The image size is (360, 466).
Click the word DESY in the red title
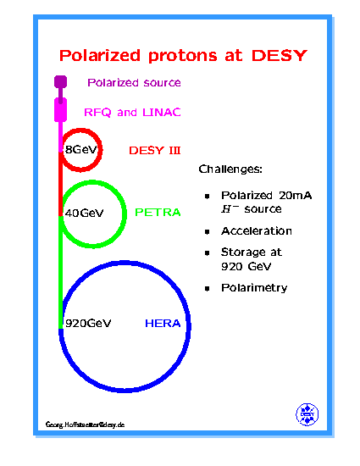280,56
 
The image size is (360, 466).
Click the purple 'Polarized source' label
134,82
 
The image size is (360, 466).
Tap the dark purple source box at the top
60,82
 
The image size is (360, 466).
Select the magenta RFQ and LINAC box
60,110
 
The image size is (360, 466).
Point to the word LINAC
162,113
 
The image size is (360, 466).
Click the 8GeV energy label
81,149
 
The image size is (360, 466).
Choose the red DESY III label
155,150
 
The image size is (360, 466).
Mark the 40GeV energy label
85,213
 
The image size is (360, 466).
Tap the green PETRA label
158,212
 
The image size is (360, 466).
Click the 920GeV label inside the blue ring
88,323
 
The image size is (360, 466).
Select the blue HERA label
163,323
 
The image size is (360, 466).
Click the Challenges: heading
230,169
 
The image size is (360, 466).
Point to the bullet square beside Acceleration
208,231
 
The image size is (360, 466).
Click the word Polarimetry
254,288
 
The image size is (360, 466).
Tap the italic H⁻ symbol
230,209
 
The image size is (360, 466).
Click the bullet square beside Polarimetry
208,288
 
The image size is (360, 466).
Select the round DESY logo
307,414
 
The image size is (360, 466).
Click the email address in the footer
85,424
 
